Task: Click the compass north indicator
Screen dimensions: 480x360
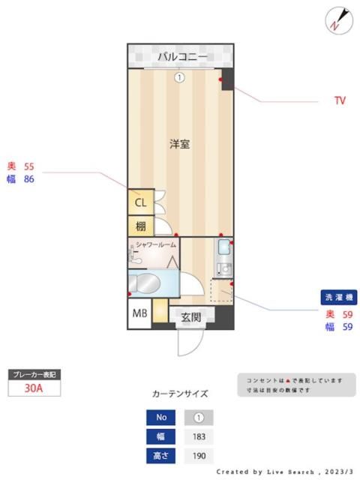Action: [338, 20]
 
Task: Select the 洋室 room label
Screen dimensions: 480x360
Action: [179, 143]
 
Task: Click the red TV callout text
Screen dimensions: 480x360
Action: [340, 100]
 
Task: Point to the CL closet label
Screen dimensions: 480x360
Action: [140, 202]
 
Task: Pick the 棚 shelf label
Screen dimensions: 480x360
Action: [140, 226]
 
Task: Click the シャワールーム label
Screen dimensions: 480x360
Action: [156, 245]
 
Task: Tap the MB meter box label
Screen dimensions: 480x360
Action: [139, 314]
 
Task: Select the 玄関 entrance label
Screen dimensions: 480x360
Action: [190, 317]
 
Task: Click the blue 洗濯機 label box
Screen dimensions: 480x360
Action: [339, 298]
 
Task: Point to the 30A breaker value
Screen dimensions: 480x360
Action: [32, 388]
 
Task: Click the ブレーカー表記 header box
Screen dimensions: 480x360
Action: [32, 373]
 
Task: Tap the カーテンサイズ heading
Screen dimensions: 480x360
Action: [180, 394]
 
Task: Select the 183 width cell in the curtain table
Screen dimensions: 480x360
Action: [199, 436]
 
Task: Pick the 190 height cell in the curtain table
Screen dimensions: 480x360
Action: [199, 456]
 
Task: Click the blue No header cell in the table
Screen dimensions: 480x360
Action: [160, 418]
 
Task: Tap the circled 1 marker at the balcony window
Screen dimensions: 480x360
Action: [179, 76]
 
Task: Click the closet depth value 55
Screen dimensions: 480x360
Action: [29, 166]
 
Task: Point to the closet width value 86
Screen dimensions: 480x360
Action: [29, 179]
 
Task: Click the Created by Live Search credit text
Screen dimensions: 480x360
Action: [283, 472]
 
